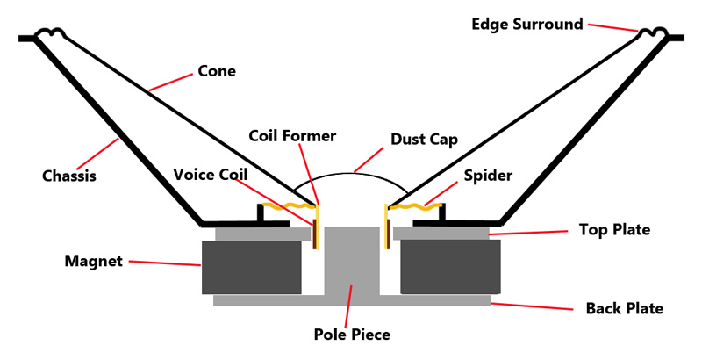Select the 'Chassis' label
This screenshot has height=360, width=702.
pyautogui.click(x=68, y=176)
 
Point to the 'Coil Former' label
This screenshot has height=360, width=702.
pyautogui.click(x=292, y=136)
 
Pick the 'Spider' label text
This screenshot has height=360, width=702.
pyautogui.click(x=488, y=176)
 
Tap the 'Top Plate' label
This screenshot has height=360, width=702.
pyautogui.click(x=614, y=230)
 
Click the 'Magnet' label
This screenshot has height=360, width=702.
pyautogui.click(x=92, y=261)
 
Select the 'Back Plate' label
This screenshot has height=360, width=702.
pyautogui.click(x=624, y=308)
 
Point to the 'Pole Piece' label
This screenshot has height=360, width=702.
pyautogui.click(x=351, y=335)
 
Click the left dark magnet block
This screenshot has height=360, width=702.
pyautogui.click(x=252, y=267)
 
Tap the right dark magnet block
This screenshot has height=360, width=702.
pyautogui.click(x=449, y=267)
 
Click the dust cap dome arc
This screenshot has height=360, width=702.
pyautogui.click(x=350, y=169)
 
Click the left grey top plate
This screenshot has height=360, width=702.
pyautogui.click(x=262, y=234)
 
